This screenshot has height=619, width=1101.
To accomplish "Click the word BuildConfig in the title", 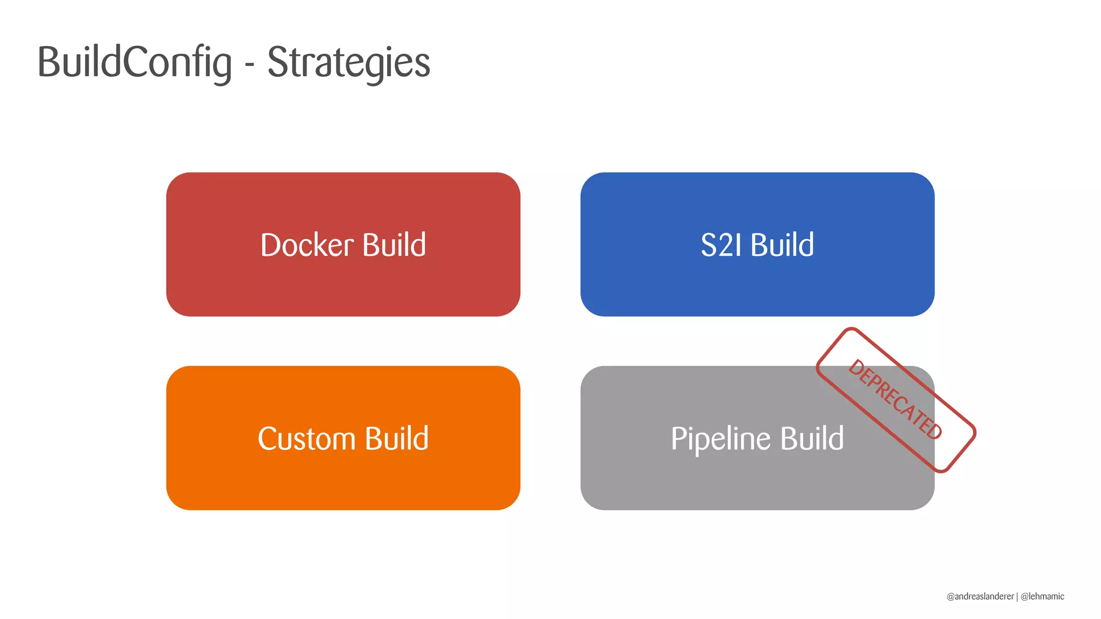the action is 134,62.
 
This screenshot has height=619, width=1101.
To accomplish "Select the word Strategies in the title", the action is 348,62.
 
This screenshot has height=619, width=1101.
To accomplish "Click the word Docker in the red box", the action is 306,245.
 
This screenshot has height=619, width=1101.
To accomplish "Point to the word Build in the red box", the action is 394,245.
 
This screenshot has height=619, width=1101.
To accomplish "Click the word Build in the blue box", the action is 782,245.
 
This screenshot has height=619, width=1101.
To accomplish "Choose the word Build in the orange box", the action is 397,438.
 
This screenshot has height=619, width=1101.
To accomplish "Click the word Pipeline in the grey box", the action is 720,438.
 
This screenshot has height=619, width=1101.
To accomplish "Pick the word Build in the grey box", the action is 812,438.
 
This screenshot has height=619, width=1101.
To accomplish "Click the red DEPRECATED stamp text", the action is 895,399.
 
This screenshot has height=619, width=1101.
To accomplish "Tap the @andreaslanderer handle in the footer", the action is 980,596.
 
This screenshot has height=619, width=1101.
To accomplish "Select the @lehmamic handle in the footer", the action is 1042,596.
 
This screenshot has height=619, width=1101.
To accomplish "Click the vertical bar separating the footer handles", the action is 1017,596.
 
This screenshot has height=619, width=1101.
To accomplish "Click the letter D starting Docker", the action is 270,245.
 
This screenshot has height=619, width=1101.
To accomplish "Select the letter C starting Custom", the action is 268,438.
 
